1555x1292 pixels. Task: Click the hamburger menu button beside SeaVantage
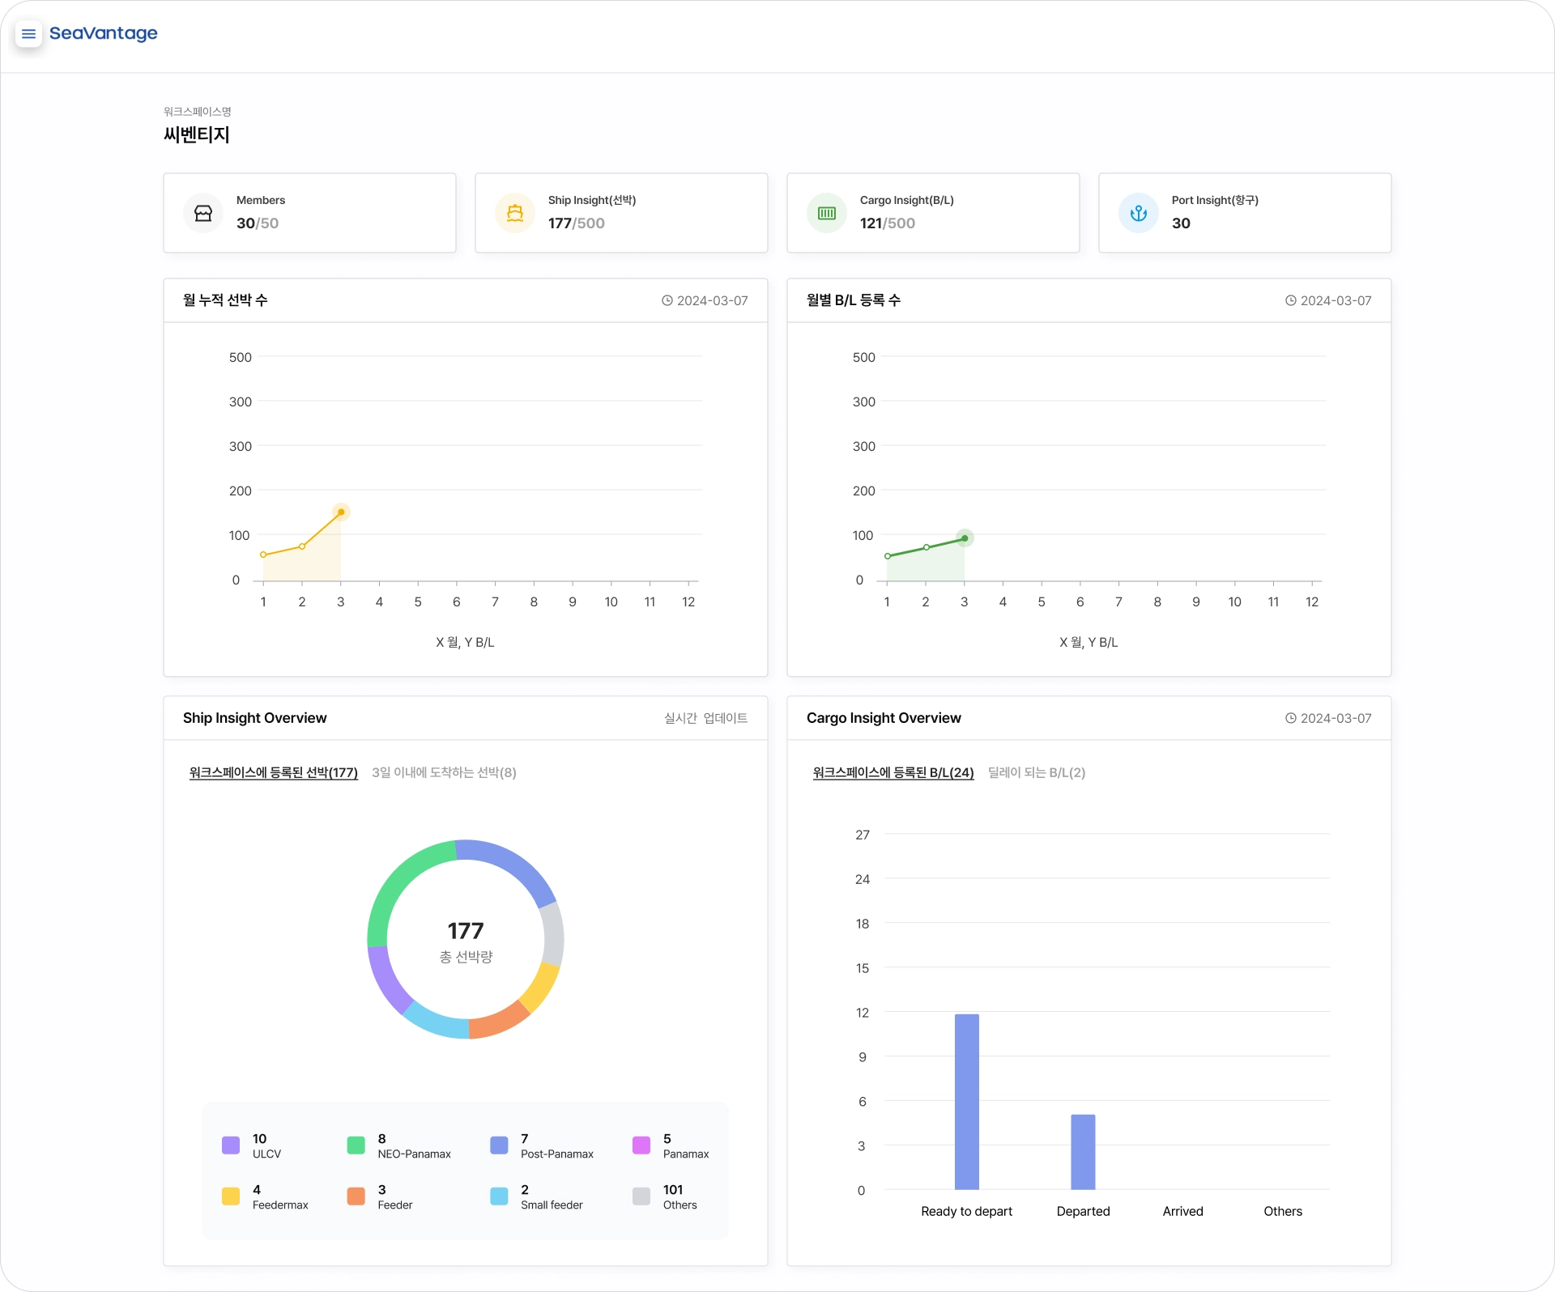point(29,34)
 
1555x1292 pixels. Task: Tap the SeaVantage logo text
point(104,33)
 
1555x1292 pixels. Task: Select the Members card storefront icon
point(203,213)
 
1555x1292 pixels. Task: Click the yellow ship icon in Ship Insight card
point(515,213)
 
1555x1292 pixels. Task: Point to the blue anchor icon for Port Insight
point(1139,213)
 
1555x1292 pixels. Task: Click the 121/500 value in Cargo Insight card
point(888,223)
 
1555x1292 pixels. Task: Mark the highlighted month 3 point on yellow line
point(341,512)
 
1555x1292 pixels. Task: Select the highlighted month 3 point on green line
point(965,538)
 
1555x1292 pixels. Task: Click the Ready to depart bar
point(967,1102)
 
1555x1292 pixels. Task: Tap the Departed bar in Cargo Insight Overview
point(1083,1152)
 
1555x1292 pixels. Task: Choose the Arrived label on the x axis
point(1183,1211)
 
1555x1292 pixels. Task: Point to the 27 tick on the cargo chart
point(863,835)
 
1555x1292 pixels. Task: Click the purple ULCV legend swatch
point(231,1145)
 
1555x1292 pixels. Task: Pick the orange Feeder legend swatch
point(356,1196)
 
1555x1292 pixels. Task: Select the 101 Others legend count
point(673,1190)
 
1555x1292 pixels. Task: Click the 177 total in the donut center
point(466,931)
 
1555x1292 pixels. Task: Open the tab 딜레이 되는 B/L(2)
point(1037,772)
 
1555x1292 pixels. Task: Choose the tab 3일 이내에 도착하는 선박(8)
point(444,772)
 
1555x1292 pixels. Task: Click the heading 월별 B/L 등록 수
point(854,300)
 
